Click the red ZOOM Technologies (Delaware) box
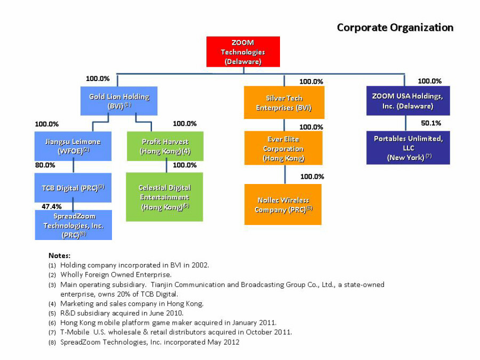[x=243, y=52]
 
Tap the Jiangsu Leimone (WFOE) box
[x=73, y=146]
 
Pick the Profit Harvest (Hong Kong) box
[x=165, y=146]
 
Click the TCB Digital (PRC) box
[x=73, y=188]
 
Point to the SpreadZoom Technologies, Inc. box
[x=73, y=225]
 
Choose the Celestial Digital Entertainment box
[x=164, y=197]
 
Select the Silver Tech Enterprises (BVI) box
[x=283, y=102]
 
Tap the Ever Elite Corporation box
[x=283, y=148]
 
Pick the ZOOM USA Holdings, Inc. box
[x=407, y=101]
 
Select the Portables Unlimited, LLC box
[x=408, y=148]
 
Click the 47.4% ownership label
[x=52, y=206]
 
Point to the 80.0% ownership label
[x=45, y=165]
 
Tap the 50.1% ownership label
[x=431, y=123]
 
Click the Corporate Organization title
[x=395, y=28]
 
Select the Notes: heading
[x=59, y=255]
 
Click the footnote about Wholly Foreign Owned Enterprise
[x=115, y=275]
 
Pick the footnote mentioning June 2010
[x=122, y=313]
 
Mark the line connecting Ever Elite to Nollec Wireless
[x=284, y=174]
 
